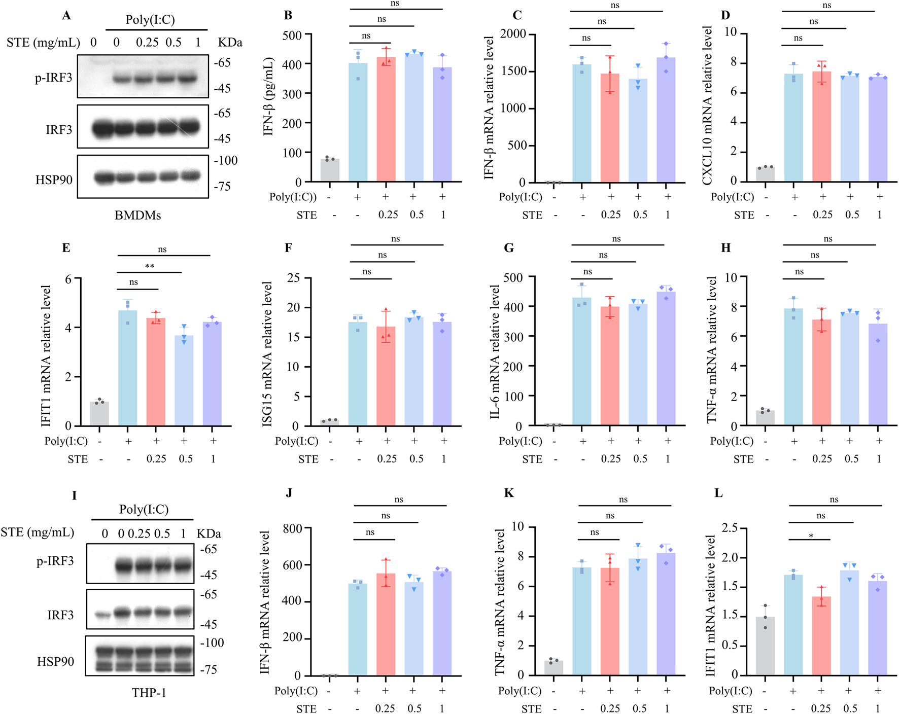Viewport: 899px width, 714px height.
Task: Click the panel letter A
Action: click(x=66, y=16)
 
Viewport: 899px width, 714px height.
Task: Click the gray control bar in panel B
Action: click(x=330, y=170)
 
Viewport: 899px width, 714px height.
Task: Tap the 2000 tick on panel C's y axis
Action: click(x=513, y=34)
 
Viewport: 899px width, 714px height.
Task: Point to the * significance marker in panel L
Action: click(x=811, y=536)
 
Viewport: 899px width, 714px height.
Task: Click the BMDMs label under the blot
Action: click(x=137, y=216)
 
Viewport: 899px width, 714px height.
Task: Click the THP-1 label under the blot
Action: click(x=149, y=693)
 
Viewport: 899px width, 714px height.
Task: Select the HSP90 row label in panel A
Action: click(x=54, y=180)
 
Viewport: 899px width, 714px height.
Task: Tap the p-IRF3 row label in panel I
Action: click(x=55, y=561)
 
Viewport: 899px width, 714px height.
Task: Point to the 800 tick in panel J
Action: click(x=292, y=528)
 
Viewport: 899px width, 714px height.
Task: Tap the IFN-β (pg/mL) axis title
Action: click(x=268, y=96)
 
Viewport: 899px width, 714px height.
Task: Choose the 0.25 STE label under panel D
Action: click(x=822, y=215)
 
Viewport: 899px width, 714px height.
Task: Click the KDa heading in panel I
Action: click(x=209, y=534)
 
